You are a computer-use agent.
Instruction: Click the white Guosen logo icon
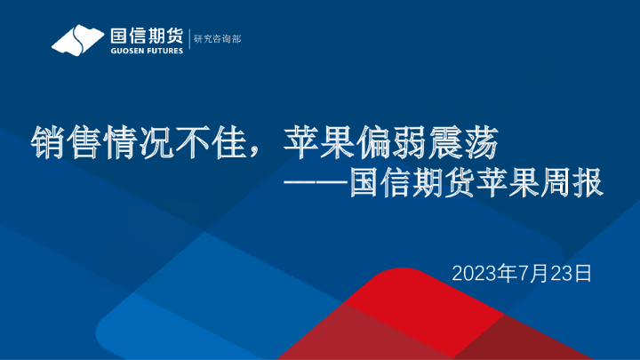pos(78,40)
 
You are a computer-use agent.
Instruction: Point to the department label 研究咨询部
pos(217,39)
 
